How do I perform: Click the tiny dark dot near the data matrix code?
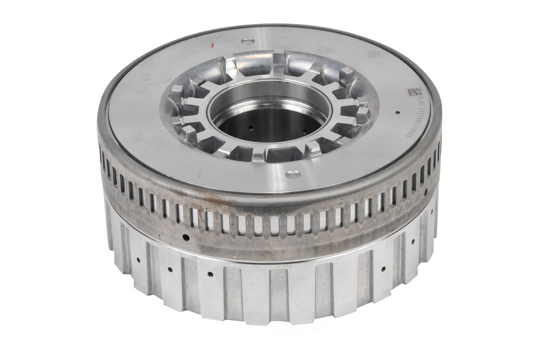click(x=398, y=113)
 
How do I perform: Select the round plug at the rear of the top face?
click(x=247, y=41)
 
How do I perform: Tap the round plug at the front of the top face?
click(x=293, y=175)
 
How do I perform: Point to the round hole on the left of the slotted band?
click(x=186, y=237)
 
